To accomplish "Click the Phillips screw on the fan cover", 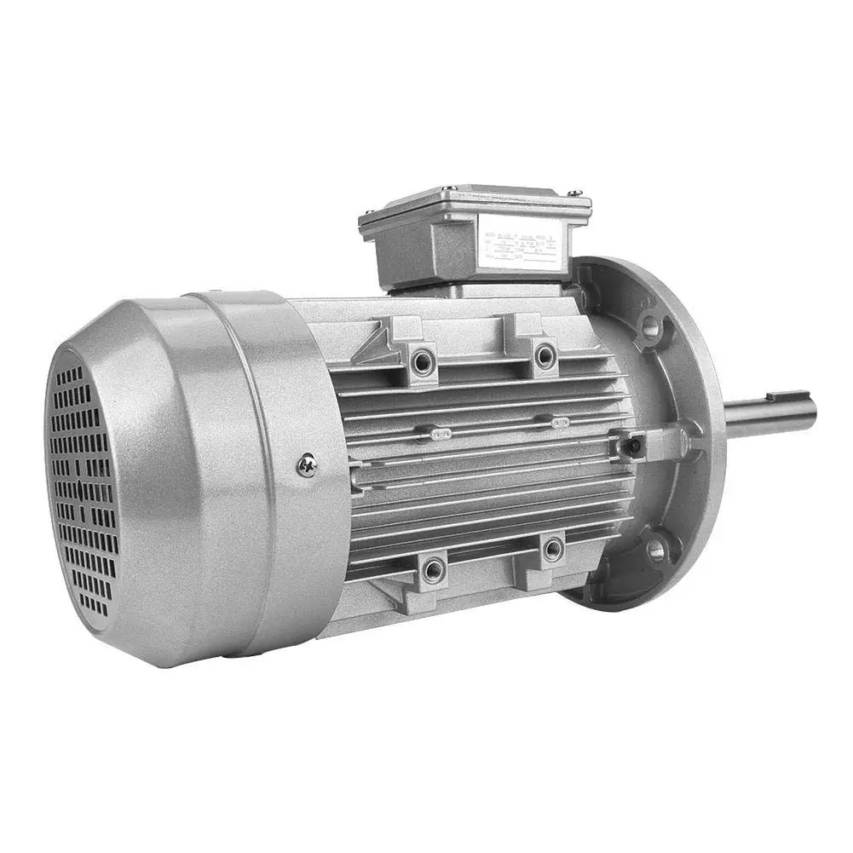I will click(x=308, y=465).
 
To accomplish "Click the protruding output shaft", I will click(x=767, y=414).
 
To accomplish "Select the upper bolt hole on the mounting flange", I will click(x=652, y=326).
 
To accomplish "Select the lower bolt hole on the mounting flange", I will click(x=655, y=550).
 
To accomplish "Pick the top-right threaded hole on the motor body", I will click(x=544, y=354).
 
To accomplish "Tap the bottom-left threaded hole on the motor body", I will click(x=433, y=568).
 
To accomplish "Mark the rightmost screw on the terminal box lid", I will click(x=577, y=193).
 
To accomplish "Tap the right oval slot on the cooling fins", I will click(x=560, y=422).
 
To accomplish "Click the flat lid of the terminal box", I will click(x=473, y=201).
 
